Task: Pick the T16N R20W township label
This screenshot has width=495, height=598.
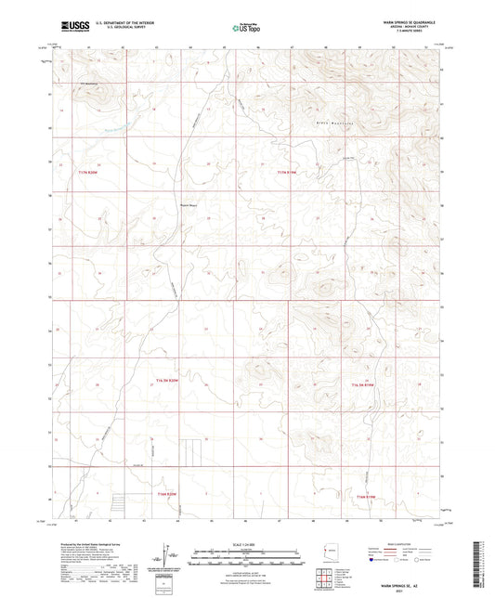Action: coord(167,493)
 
